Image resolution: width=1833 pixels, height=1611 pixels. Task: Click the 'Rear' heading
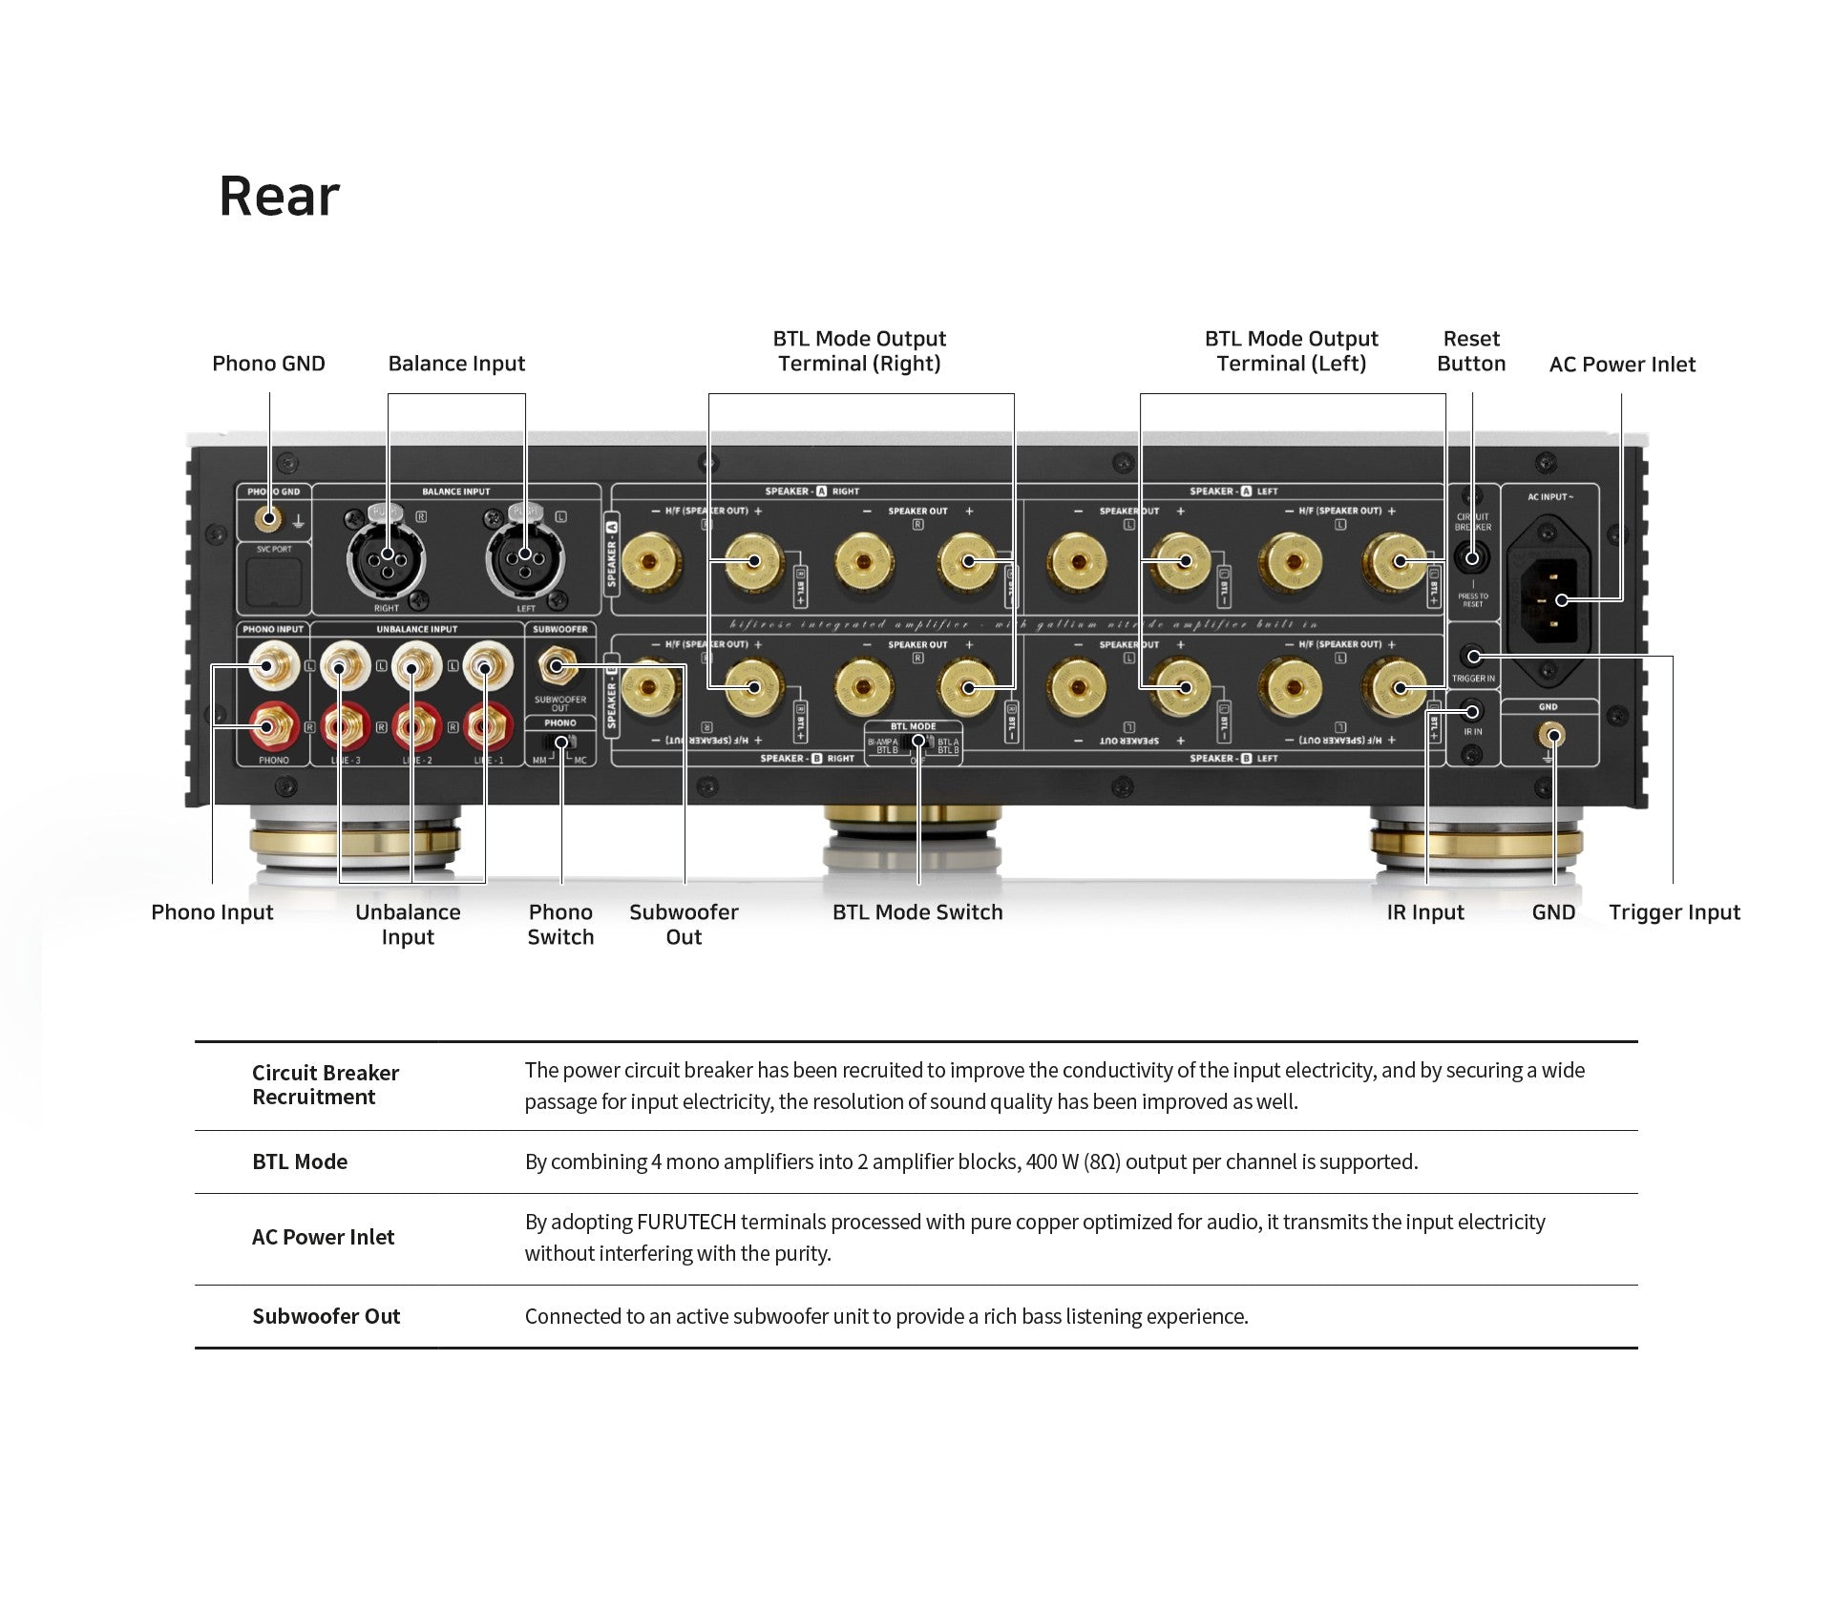click(279, 197)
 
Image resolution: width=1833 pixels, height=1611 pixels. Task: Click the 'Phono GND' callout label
click(268, 364)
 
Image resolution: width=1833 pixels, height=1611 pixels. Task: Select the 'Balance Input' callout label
click(456, 364)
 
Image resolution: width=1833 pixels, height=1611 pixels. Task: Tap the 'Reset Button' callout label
click(1471, 351)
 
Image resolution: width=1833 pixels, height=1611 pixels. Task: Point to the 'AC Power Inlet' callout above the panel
click(1622, 365)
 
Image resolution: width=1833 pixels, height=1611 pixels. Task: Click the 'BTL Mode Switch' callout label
click(917, 912)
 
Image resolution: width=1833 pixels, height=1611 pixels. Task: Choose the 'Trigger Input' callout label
click(1675, 912)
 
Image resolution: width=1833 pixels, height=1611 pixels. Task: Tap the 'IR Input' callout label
click(1425, 912)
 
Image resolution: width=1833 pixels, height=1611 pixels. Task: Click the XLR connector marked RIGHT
click(387, 556)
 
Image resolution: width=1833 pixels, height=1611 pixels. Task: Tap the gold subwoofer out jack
click(558, 666)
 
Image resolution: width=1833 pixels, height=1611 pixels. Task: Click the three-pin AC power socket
click(1549, 599)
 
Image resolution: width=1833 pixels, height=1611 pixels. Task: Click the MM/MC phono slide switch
click(561, 743)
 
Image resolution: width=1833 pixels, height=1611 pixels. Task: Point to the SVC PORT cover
click(274, 581)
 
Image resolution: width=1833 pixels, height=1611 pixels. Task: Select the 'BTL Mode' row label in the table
click(300, 1162)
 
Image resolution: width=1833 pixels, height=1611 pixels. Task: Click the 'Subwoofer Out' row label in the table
click(326, 1317)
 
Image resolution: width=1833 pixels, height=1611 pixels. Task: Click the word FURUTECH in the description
click(686, 1223)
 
